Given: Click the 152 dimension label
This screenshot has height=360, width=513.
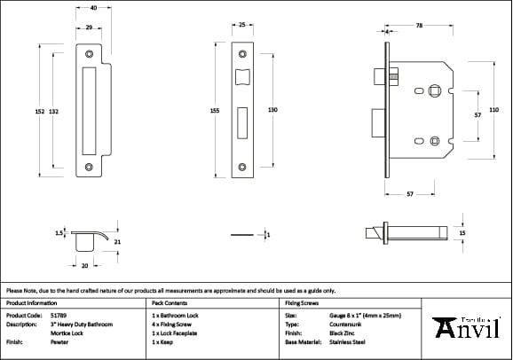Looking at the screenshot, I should (39, 111).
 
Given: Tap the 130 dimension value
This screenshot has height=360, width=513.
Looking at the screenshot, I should (272, 110).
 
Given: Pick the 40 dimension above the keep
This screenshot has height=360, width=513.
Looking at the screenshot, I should (93, 8).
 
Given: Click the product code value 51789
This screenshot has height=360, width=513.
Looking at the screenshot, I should (59, 315).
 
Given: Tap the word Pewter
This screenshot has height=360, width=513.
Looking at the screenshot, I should (59, 341).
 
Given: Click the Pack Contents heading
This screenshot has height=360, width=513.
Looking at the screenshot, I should (170, 303).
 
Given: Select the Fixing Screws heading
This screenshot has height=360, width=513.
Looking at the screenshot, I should (302, 303).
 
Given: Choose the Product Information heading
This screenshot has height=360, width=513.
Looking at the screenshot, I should (31, 303).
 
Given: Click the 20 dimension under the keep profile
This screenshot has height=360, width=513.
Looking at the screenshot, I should (84, 265).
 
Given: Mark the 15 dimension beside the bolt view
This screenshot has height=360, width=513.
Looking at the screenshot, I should (462, 233).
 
